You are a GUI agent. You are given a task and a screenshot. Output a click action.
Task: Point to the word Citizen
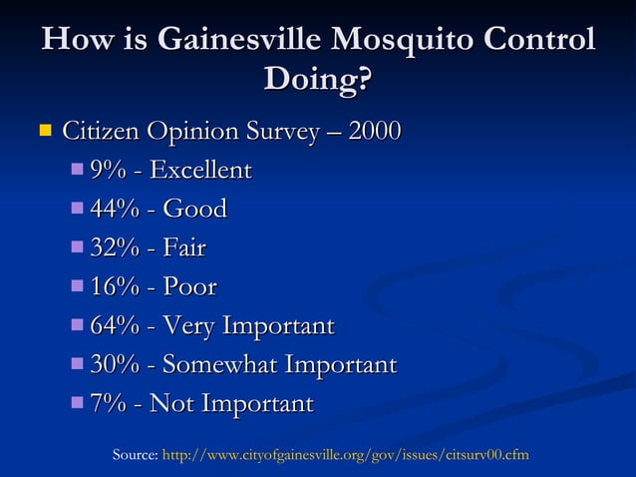coord(101,132)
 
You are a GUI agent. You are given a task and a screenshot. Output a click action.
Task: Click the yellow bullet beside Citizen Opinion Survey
coord(44,130)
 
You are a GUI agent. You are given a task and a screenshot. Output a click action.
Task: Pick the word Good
coord(195,210)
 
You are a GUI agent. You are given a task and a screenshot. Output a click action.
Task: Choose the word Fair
coord(184,248)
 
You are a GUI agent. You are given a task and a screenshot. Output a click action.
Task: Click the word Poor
coord(189,287)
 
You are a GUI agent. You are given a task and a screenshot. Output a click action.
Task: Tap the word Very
coord(188,326)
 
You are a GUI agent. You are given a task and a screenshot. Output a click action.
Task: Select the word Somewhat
coord(220,365)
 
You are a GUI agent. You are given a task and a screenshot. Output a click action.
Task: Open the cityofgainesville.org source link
coord(345,455)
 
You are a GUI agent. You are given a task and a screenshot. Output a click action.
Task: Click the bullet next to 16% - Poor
coord(79,286)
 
